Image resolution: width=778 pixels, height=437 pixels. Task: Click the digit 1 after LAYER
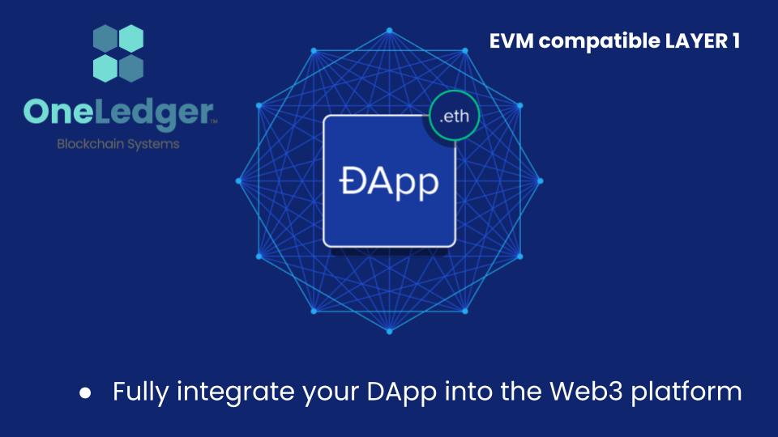tap(734, 41)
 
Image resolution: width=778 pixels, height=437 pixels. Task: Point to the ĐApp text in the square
tap(388, 180)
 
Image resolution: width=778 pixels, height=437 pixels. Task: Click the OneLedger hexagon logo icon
tap(118, 53)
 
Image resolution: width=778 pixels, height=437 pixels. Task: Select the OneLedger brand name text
tap(118, 112)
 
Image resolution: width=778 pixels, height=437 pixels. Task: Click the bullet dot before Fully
tap(85, 393)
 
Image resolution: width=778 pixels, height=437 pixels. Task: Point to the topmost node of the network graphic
tap(389, 30)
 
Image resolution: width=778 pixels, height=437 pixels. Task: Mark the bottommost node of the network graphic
tap(389, 332)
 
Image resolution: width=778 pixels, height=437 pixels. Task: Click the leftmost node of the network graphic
tap(238, 181)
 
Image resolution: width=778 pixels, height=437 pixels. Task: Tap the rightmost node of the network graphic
tap(541, 181)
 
